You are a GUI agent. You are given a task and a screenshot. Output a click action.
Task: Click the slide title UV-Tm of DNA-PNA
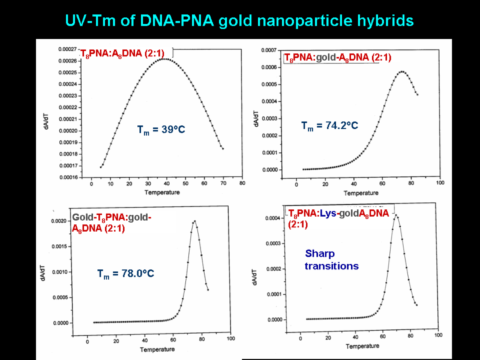tap(239, 20)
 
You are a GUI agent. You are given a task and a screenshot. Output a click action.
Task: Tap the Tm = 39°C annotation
tap(160, 130)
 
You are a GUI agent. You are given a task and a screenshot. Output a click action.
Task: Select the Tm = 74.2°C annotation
tap(329, 125)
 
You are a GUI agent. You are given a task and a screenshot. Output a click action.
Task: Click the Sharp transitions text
tap(332, 260)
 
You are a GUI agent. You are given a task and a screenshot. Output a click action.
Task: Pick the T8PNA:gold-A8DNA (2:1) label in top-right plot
tap(338, 58)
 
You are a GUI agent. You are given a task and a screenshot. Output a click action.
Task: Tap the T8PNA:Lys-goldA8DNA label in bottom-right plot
tap(340, 218)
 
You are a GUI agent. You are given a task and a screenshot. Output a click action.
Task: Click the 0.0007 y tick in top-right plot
tap(269, 50)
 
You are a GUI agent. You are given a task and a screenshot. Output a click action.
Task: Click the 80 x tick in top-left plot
tap(242, 184)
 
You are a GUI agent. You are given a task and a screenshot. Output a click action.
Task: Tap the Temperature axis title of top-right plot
tap(361, 193)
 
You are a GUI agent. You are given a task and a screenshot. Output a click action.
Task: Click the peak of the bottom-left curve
tap(194, 221)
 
